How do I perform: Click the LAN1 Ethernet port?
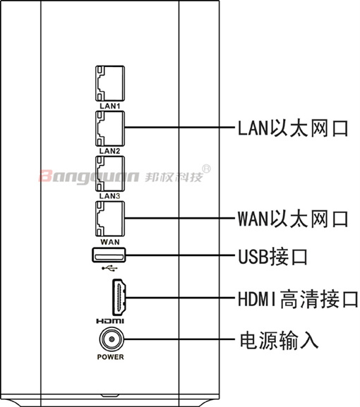pyautogui.click(x=110, y=83)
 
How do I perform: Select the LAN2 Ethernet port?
pyautogui.click(x=110, y=128)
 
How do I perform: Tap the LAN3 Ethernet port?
pyautogui.click(x=110, y=174)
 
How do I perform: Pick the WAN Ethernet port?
pyautogui.click(x=110, y=219)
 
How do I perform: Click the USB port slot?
pyautogui.click(x=109, y=255)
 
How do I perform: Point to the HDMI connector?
pyautogui.click(x=119, y=298)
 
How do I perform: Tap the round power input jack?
pyautogui.click(x=112, y=339)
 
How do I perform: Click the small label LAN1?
pyautogui.click(x=110, y=106)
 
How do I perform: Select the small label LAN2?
pyautogui.click(x=110, y=151)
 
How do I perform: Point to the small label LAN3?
pyautogui.click(x=110, y=196)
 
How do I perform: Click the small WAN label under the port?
pyautogui.click(x=110, y=242)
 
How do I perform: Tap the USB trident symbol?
pyautogui.click(x=109, y=268)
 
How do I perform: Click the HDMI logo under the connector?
pyautogui.click(x=110, y=322)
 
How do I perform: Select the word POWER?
pyautogui.click(x=110, y=357)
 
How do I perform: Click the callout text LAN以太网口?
pyautogui.click(x=293, y=128)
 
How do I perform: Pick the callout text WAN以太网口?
pyautogui.click(x=293, y=219)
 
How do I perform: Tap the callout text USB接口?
pyautogui.click(x=272, y=257)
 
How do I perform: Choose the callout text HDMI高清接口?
pyautogui.click(x=298, y=299)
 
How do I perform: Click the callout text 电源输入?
pyautogui.click(x=279, y=340)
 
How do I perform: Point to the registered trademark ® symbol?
pyautogui.click(x=206, y=169)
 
